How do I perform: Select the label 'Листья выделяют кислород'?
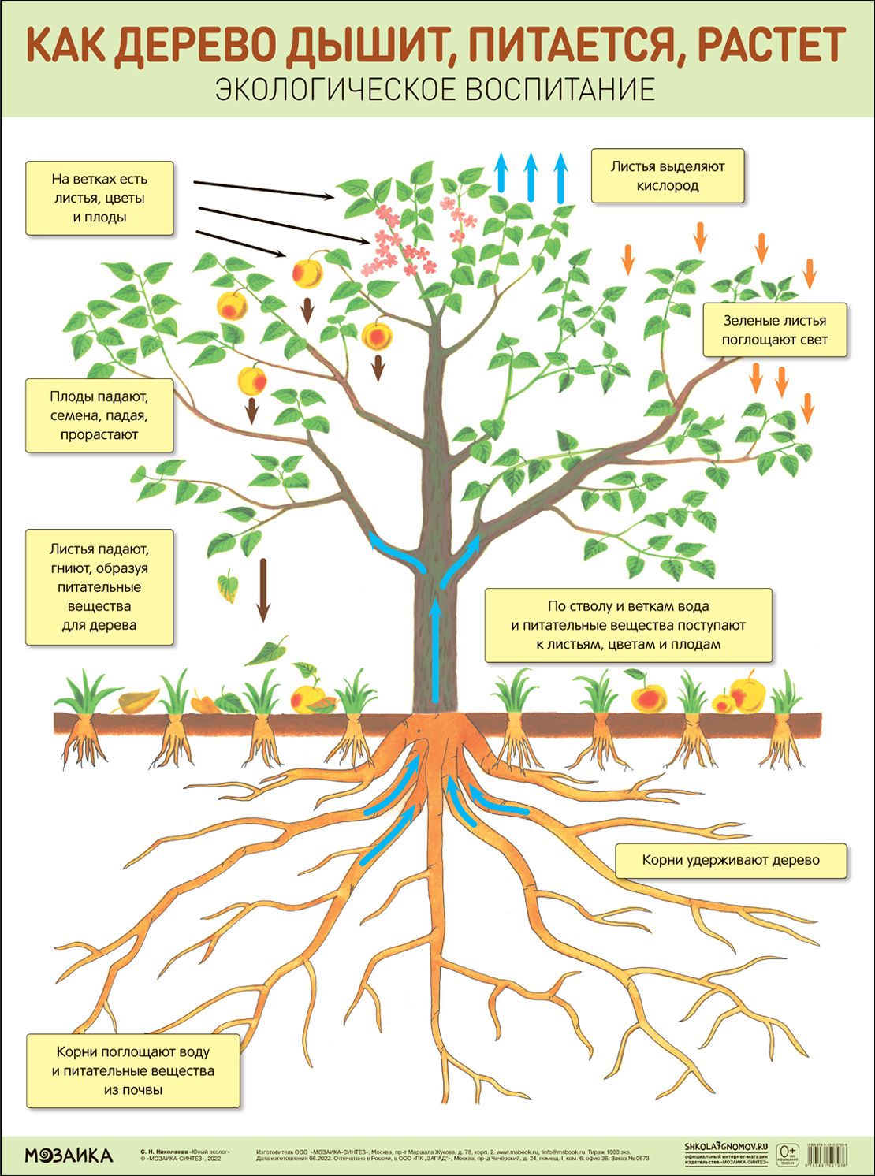click(x=668, y=176)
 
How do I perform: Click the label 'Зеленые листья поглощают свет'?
click(x=774, y=330)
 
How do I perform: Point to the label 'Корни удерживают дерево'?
click(x=731, y=860)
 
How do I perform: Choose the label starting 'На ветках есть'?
click(x=99, y=198)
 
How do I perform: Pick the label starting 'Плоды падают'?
click(x=99, y=415)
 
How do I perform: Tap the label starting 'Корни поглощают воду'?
click(x=133, y=1070)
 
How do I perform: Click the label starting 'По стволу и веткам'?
click(x=628, y=625)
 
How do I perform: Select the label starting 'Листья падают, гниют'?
click(x=99, y=587)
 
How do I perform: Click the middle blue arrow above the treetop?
click(x=531, y=177)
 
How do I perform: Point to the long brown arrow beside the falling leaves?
click(x=263, y=590)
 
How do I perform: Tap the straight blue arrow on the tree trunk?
click(x=435, y=650)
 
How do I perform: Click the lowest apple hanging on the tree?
click(x=252, y=379)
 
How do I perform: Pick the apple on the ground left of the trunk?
click(x=308, y=698)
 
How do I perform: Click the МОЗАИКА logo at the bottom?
click(x=69, y=1156)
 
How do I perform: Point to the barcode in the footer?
click(x=827, y=1156)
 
